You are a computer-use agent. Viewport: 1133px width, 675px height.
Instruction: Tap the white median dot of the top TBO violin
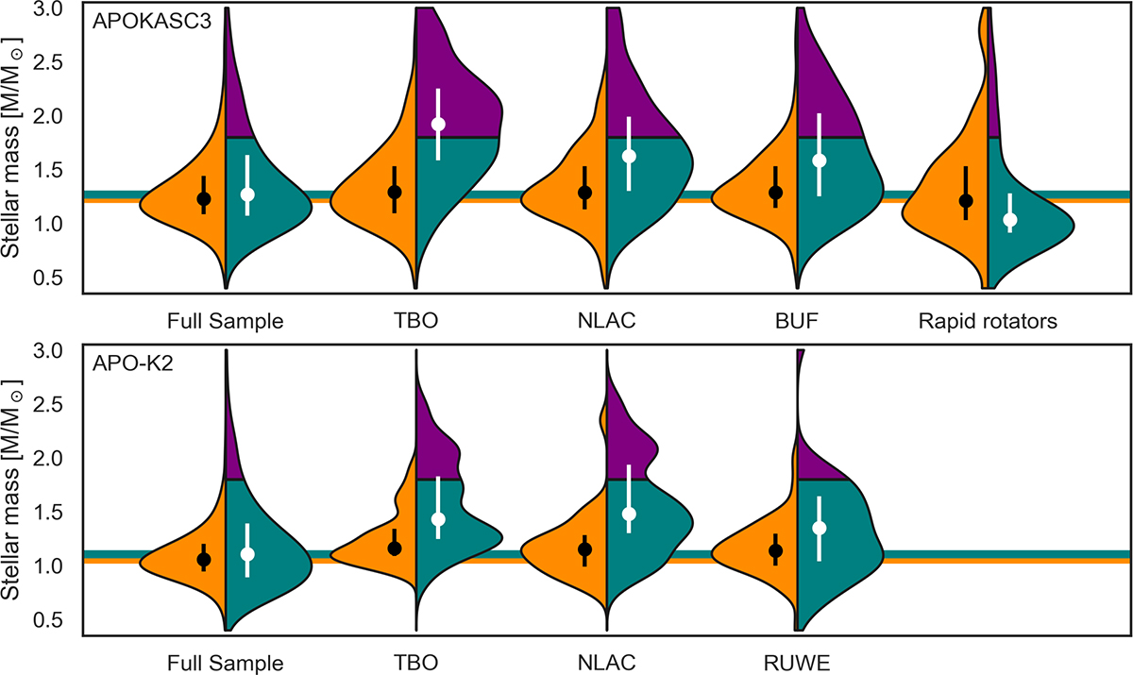coord(438,125)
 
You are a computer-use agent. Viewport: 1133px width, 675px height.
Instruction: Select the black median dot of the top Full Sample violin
coord(203,199)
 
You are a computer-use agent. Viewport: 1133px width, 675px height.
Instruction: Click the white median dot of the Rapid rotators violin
coord(1010,220)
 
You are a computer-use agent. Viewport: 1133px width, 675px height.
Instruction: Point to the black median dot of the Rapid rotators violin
coord(965,201)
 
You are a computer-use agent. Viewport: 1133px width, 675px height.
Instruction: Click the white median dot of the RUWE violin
coord(820,528)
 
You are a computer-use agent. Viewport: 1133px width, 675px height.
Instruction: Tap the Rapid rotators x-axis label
coord(987,321)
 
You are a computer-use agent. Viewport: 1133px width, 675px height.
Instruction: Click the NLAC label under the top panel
coord(605,321)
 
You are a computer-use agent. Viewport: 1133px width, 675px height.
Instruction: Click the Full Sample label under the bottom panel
coord(224,663)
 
